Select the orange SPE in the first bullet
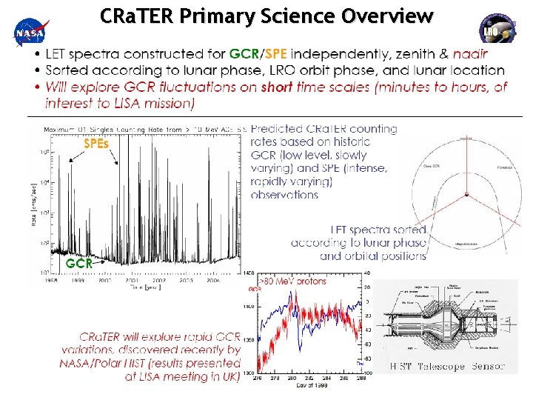[x=274, y=54]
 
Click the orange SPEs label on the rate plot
[x=95, y=144]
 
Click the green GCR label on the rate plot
[x=79, y=262]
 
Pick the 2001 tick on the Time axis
[x=131, y=281]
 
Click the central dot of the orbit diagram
[x=466, y=195]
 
